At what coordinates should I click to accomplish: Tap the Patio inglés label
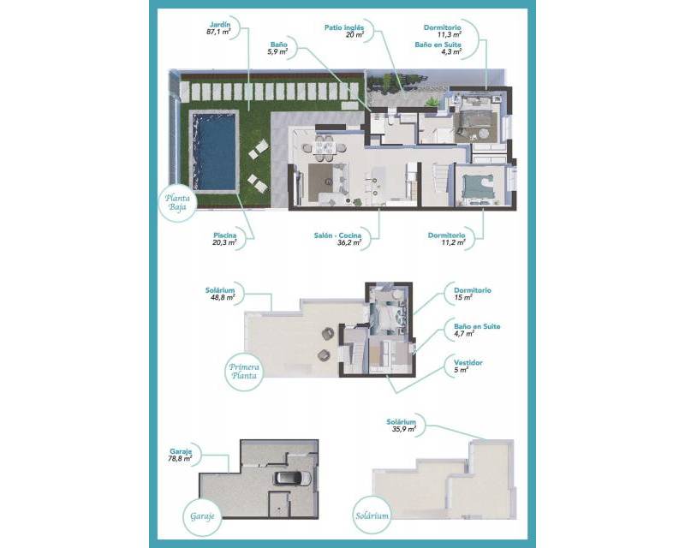click(x=344, y=31)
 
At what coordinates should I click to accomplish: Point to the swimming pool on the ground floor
click(x=213, y=152)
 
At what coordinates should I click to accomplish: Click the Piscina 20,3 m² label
click(x=225, y=238)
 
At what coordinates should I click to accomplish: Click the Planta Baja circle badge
click(x=182, y=203)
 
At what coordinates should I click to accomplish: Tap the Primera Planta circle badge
click(x=246, y=375)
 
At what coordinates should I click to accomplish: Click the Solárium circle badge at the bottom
click(x=374, y=516)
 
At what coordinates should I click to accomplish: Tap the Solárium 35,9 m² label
click(x=401, y=426)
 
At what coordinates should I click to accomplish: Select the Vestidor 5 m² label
click(x=468, y=366)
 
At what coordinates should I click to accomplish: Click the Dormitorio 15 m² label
click(x=474, y=294)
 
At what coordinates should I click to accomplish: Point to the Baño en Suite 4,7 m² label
click(x=477, y=330)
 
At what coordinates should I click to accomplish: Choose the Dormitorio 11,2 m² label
click(x=447, y=239)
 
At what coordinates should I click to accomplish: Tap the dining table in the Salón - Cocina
click(x=323, y=147)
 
